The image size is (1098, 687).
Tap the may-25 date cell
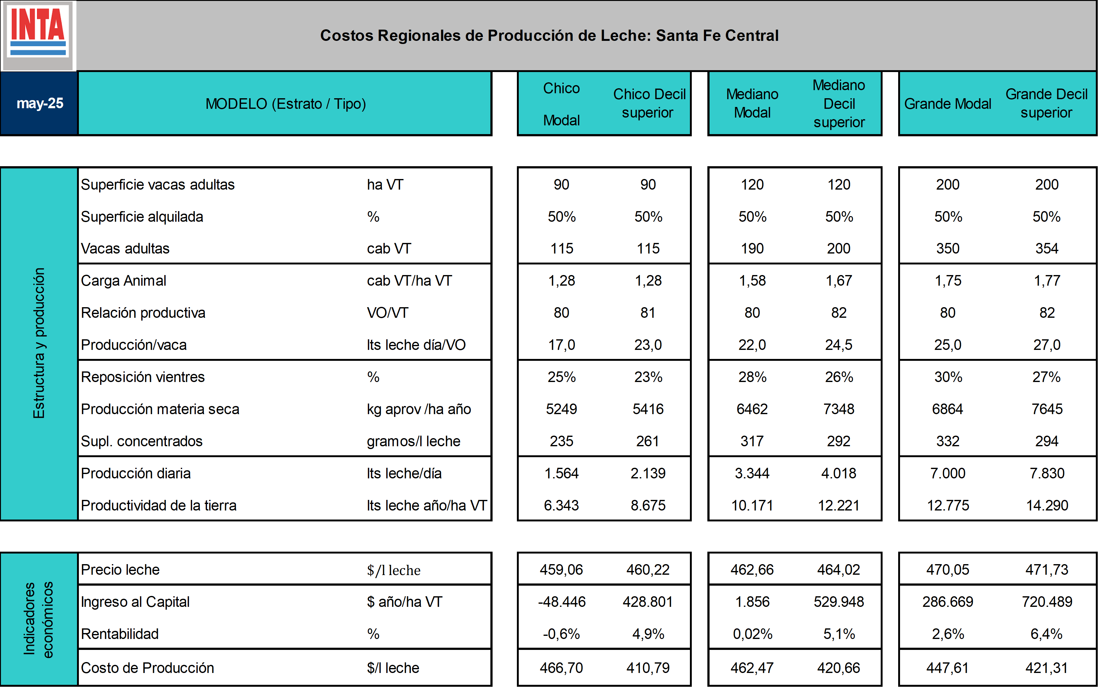(x=40, y=104)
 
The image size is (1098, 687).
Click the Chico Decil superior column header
(x=649, y=104)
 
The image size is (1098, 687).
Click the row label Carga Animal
(x=123, y=281)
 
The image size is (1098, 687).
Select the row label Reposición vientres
(x=142, y=377)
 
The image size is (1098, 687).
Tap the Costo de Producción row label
(x=147, y=668)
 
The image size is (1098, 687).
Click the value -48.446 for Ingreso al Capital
(x=562, y=602)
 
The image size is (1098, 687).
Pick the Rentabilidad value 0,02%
(x=753, y=634)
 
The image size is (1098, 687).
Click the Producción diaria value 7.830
(x=1047, y=473)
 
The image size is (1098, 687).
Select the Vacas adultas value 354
(x=1047, y=249)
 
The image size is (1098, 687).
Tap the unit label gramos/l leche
(x=414, y=441)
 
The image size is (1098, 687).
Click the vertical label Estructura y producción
(x=39, y=343)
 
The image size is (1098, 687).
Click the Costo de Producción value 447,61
(x=948, y=668)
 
